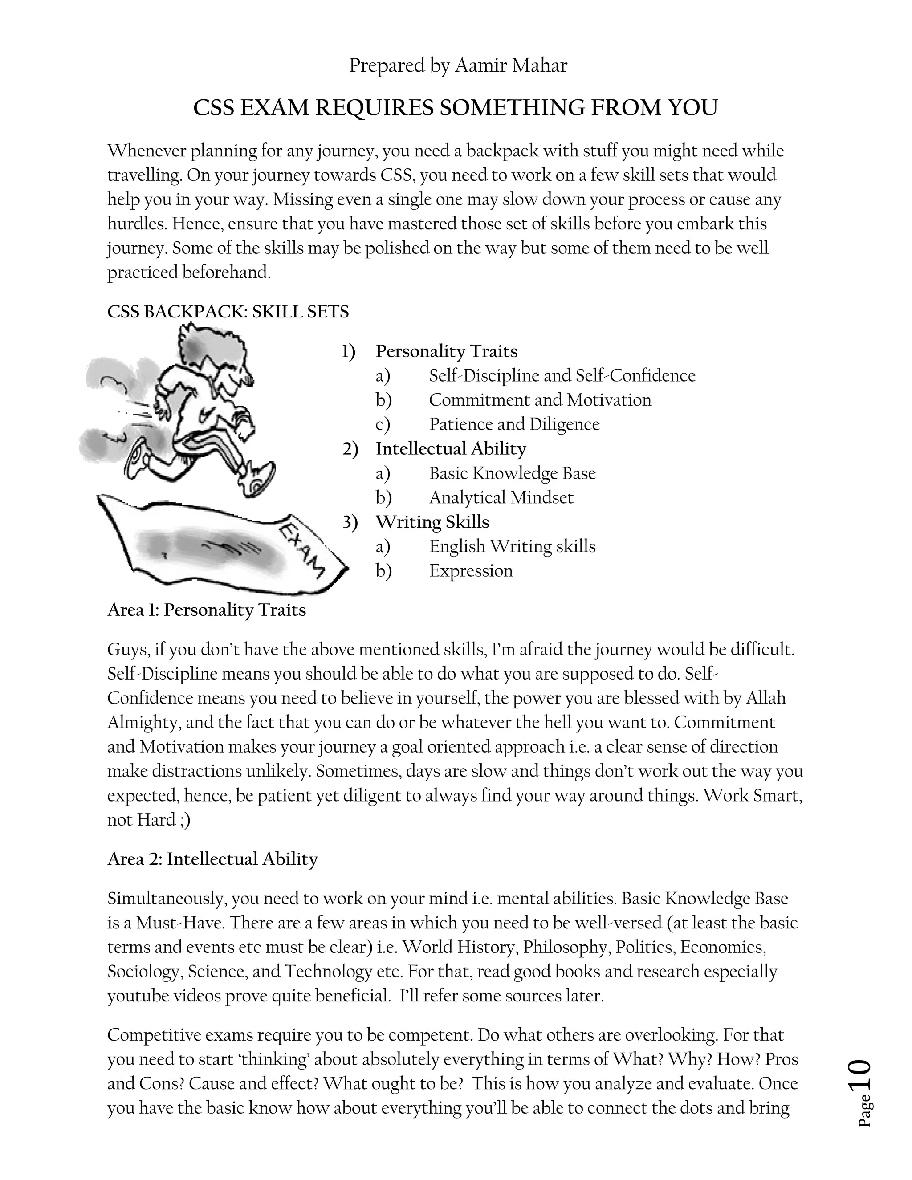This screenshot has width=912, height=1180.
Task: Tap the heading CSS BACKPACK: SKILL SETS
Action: [x=228, y=312]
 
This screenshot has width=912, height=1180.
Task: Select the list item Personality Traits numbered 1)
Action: [x=446, y=351]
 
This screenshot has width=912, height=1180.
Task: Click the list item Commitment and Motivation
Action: [x=540, y=400]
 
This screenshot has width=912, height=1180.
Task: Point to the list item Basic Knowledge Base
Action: [x=512, y=473]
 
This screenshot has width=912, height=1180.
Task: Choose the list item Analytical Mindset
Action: [x=501, y=498]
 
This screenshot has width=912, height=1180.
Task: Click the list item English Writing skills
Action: [x=512, y=546]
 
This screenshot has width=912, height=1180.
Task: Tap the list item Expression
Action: [x=471, y=570]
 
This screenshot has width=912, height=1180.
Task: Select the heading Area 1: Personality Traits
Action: [x=206, y=610]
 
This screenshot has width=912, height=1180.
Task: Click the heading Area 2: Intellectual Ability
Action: [x=212, y=859]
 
